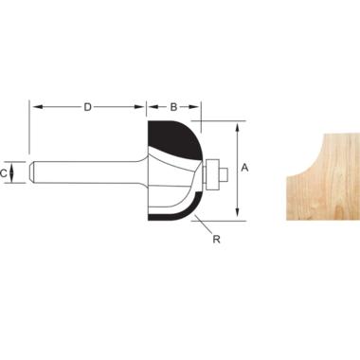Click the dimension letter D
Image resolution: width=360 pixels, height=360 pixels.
coord(87,107)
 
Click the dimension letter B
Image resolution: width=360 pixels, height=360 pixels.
coord(173,107)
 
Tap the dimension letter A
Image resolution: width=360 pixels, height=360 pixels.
coord(244,168)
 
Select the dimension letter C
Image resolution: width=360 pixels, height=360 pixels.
coord(4,173)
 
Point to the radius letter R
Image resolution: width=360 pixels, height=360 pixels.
coord(216,240)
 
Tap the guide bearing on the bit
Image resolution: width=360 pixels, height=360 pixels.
coord(212,172)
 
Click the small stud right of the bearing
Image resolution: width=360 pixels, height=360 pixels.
coord(224,174)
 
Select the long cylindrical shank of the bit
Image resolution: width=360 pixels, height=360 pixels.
coord(85,172)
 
